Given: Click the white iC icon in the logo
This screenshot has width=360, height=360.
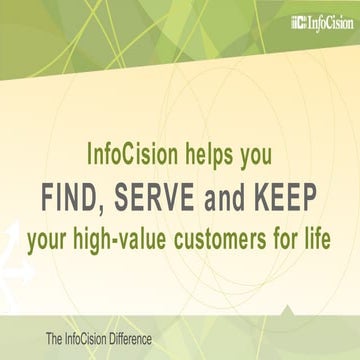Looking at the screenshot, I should click(x=297, y=20).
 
